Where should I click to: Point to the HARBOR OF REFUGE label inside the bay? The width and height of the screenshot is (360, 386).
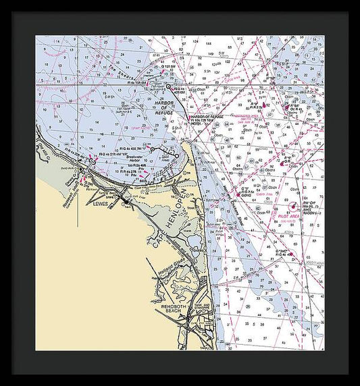point(165,109)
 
